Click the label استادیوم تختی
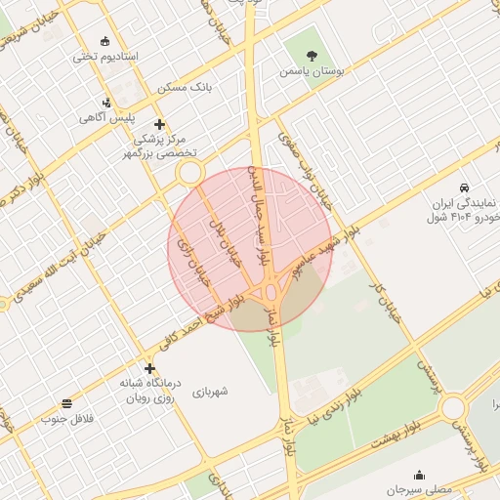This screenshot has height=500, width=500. (105, 57)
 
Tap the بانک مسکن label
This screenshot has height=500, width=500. (187, 88)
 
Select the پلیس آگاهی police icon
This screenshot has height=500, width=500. (106, 103)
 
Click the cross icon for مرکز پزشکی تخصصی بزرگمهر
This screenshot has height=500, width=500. (161, 124)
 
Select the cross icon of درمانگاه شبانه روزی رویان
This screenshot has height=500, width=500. (149, 368)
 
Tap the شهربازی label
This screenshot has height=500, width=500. (210, 392)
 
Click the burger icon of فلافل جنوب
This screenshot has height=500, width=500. (66, 403)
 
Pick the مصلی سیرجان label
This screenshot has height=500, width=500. (420, 489)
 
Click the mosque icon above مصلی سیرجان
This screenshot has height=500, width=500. (420, 475)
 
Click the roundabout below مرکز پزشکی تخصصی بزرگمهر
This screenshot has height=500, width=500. (188, 174)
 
